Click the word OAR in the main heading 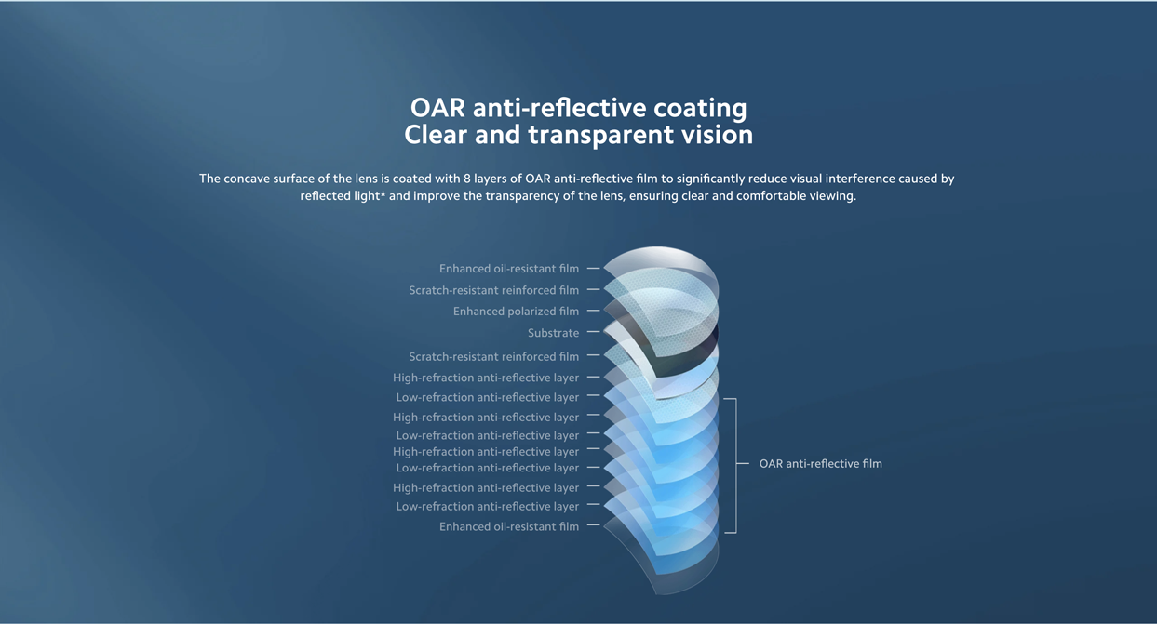point(437,108)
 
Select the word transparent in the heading point(600,135)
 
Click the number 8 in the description point(467,179)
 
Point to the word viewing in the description point(833,196)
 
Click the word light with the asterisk point(370,196)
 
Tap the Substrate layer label point(553,333)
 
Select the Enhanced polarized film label point(516,312)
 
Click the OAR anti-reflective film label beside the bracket point(820,463)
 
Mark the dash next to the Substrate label point(594,332)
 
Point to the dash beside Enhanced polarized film point(594,311)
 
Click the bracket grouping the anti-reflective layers point(736,465)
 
